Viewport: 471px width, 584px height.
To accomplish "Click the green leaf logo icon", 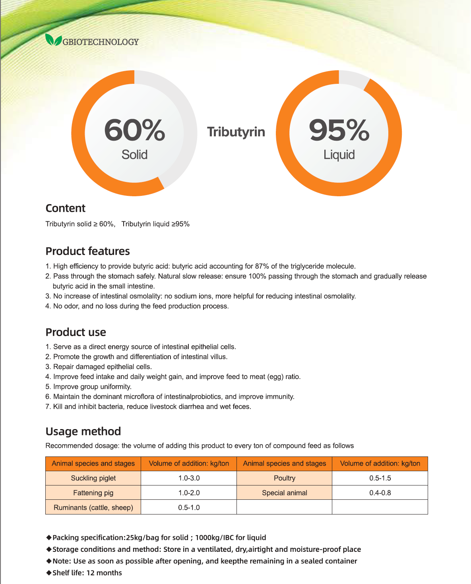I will (53, 40).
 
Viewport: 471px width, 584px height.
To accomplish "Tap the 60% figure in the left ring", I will (134, 130).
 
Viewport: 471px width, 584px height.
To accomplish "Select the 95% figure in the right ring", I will (339, 130).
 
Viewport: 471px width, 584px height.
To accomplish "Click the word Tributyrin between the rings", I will (236, 132).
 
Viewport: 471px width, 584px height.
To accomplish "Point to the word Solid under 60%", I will (134, 155).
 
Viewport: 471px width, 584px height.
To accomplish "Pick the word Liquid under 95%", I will (339, 155).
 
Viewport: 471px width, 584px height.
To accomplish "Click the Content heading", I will (65, 208).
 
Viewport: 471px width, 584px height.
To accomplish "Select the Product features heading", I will (87, 251).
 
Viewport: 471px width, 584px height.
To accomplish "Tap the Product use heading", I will (76, 332).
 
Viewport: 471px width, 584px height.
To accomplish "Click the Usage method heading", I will (83, 431).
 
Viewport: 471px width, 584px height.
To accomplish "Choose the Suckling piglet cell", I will (93, 478).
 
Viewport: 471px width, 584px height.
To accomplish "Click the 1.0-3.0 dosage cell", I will (189, 478).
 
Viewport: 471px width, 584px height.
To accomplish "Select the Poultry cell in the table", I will (285, 478).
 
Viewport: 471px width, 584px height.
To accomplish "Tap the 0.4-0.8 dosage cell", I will (380, 493).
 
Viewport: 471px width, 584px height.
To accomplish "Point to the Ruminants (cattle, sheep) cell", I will (93, 507).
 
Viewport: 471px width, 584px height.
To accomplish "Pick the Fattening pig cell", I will (93, 493).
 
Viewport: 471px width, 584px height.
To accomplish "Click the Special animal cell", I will (285, 493).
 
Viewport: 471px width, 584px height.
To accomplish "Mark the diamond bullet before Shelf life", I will (49, 573).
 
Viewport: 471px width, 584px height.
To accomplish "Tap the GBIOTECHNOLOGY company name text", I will (101, 42).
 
